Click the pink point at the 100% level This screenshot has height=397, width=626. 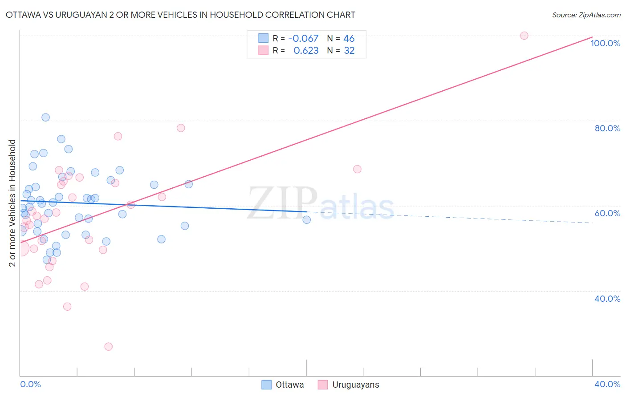point(524,36)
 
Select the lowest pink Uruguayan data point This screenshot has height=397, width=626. point(108,346)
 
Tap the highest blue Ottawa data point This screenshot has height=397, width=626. point(45,117)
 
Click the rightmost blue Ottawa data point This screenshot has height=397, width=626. point(306,219)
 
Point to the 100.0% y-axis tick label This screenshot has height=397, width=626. point(605,43)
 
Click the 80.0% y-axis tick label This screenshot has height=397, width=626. point(607,128)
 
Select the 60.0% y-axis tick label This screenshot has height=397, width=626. point(607,213)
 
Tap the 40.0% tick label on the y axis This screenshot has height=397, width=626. point(607,299)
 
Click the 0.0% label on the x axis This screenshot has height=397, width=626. point(30,384)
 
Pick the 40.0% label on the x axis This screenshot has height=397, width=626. point(607,384)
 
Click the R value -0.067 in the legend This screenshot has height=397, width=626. point(303,39)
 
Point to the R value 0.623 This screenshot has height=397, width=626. point(306,51)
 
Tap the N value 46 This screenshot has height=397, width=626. point(349,39)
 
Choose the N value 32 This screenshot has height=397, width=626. point(349,51)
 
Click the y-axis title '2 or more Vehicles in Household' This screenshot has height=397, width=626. point(12,203)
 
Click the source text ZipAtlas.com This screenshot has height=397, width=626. point(586,15)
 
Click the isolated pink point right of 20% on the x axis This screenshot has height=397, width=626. point(357,169)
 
